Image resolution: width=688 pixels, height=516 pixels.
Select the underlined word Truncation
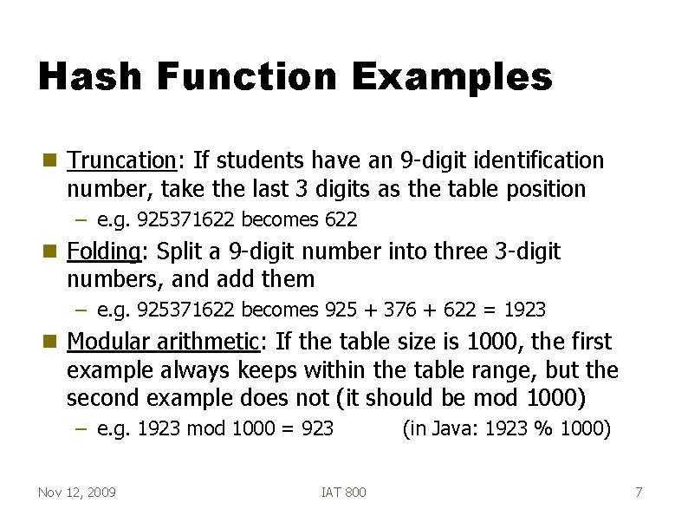122,160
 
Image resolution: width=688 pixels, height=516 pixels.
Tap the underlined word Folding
104,251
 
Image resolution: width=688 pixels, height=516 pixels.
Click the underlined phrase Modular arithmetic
163,342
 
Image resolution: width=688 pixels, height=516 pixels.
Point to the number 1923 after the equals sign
524,310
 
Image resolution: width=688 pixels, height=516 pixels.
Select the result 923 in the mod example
317,428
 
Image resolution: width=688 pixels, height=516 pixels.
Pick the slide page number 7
639,493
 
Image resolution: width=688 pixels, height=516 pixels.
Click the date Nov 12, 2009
77,493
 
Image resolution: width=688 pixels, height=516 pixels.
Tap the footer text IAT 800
343,493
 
